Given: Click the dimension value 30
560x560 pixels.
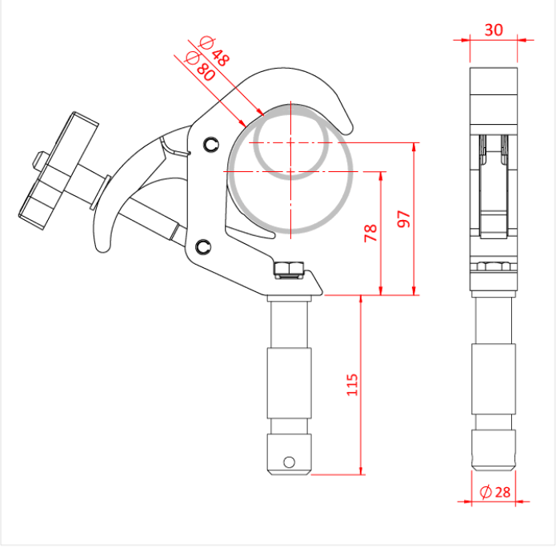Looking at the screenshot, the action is pyautogui.click(x=494, y=30).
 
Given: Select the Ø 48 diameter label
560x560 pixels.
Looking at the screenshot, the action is pyautogui.click(x=214, y=50).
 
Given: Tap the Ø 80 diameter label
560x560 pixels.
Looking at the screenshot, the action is pyautogui.click(x=200, y=66).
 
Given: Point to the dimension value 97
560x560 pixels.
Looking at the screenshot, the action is pyautogui.click(x=403, y=219).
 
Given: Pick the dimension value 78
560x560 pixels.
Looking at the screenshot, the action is pyautogui.click(x=370, y=234).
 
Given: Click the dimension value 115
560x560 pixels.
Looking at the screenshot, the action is pyautogui.click(x=352, y=385).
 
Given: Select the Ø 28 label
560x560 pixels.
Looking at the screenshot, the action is pyautogui.click(x=495, y=492).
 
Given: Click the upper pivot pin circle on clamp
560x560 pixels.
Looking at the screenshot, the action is pyautogui.click(x=211, y=144).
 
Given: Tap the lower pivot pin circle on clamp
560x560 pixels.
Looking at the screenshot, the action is pyautogui.click(x=203, y=246).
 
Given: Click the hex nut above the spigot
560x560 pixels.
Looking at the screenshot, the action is pyautogui.click(x=290, y=269).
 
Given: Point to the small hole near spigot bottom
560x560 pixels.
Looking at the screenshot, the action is pyautogui.click(x=289, y=462).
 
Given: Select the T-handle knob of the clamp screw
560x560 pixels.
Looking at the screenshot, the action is pyautogui.click(x=58, y=170).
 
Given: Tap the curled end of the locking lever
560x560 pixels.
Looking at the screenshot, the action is pyautogui.click(x=102, y=243).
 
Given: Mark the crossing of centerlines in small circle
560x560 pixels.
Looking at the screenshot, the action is pyautogui.click(x=290, y=143).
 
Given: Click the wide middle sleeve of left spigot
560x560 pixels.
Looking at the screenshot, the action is pyautogui.click(x=289, y=383).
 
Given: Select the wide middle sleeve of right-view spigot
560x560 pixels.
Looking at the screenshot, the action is pyautogui.click(x=494, y=379).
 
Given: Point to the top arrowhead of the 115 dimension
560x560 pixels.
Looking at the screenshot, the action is pyautogui.click(x=361, y=299).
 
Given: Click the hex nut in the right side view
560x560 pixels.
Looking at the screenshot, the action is pyautogui.click(x=494, y=266).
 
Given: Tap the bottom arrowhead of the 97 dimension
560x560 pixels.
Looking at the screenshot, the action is pyautogui.click(x=414, y=291).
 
